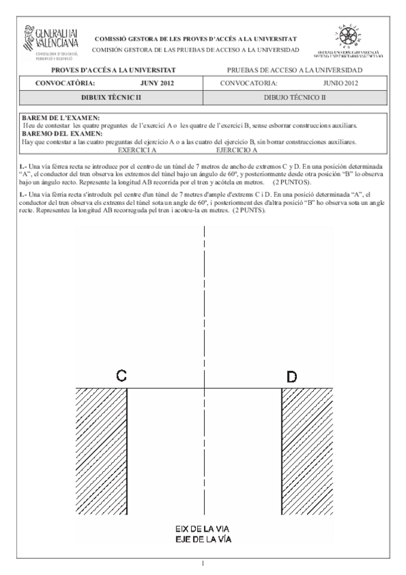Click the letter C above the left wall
(x=120, y=375)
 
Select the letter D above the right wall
(x=291, y=375)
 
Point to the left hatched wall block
(x=101, y=450)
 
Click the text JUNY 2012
(x=157, y=83)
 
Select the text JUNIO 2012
(x=340, y=83)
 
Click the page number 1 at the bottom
(x=203, y=562)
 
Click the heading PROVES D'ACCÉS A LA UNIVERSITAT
(x=114, y=70)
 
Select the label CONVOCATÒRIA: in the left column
(x=60, y=83)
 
